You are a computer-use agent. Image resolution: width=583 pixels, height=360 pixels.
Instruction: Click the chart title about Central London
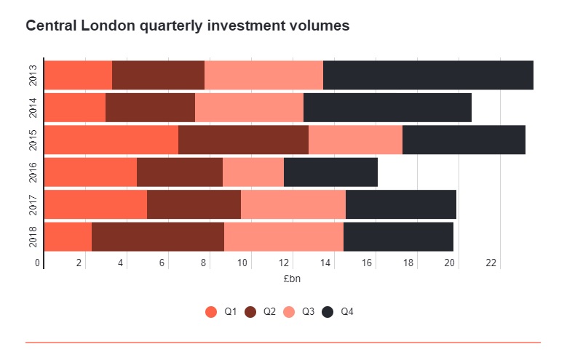click(x=188, y=25)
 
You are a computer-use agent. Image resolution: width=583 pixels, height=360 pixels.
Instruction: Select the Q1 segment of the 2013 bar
click(x=78, y=75)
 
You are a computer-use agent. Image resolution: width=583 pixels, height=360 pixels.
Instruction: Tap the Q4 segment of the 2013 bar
click(x=428, y=75)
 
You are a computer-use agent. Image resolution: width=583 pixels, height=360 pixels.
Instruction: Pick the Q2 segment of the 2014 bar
click(x=150, y=108)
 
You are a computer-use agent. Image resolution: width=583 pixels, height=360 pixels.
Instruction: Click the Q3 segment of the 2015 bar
click(x=355, y=140)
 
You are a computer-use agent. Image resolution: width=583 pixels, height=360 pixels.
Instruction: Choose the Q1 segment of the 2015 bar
click(x=111, y=140)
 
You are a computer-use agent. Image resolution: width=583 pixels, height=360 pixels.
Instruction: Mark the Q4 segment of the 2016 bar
click(x=330, y=172)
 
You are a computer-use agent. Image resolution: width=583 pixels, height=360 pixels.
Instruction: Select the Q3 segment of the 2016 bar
click(x=253, y=172)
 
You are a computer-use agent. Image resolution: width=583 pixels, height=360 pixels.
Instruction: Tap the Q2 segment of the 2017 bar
click(x=194, y=204)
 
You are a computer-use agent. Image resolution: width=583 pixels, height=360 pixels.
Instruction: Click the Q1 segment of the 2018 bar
click(x=68, y=236)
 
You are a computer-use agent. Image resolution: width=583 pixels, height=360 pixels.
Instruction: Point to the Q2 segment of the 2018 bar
click(x=158, y=236)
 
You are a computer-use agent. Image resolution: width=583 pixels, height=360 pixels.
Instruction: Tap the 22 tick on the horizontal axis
click(x=491, y=263)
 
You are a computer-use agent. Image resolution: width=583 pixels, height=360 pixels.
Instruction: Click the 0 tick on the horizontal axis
click(x=38, y=263)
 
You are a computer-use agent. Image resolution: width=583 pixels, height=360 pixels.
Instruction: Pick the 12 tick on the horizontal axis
click(x=285, y=263)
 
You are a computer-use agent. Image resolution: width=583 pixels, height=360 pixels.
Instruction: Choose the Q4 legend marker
click(x=328, y=312)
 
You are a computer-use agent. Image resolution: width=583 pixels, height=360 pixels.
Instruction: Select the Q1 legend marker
click(x=211, y=312)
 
